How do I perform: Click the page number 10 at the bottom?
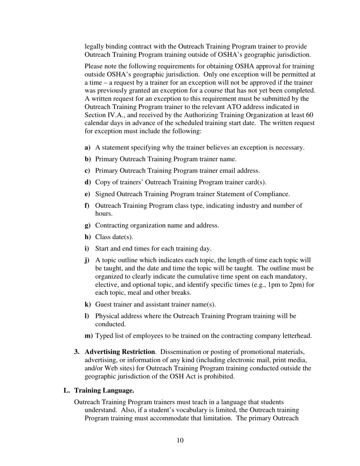coord(180,440)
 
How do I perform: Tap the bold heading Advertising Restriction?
coord(120,352)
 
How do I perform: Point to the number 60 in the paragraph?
coord(309,115)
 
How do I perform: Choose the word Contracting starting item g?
coord(111,225)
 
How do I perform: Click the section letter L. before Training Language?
coord(67,390)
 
